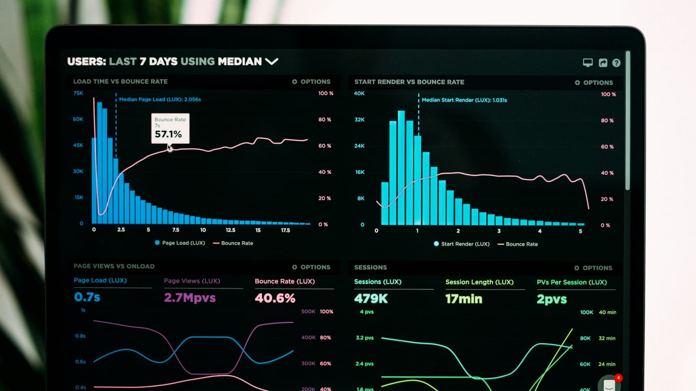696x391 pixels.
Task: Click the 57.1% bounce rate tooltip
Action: pos(170,129)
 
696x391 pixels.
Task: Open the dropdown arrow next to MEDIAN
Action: pos(271,62)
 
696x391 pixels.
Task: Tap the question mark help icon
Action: pos(616,63)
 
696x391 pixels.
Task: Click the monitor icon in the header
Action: pos(588,63)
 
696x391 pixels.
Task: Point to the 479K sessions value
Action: pos(371,298)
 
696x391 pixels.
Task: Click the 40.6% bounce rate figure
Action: pos(275,298)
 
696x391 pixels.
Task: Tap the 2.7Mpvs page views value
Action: pos(190,298)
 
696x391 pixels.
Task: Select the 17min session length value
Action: pos(464,299)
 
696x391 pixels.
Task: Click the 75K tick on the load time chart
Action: pos(78,93)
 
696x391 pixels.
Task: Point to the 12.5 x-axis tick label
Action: pos(231,230)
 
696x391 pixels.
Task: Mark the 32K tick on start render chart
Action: pos(359,119)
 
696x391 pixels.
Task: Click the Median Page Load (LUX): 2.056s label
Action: pos(160,99)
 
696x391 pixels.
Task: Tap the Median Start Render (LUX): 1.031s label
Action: pos(464,100)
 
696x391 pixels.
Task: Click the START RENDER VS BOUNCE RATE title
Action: pos(409,82)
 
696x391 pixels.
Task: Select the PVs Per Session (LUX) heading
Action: pos(572,282)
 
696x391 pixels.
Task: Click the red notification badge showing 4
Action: pos(618,378)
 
